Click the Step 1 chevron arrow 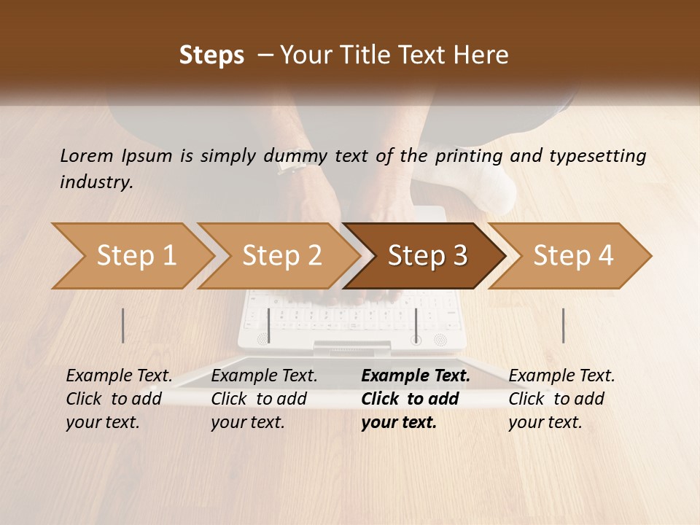(135, 256)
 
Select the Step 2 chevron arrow (281, 256)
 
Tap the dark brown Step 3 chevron (427, 256)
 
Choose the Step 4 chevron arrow (572, 256)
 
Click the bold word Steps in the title (211, 55)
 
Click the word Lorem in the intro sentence (87, 155)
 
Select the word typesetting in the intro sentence (595, 155)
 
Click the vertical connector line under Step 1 (123, 325)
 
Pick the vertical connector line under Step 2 (269, 325)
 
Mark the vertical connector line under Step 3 (416, 325)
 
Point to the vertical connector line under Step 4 (563, 325)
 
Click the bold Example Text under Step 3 (416, 376)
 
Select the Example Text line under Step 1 (119, 376)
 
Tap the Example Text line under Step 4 (561, 376)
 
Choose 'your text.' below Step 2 (248, 422)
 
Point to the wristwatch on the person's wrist (290, 166)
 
